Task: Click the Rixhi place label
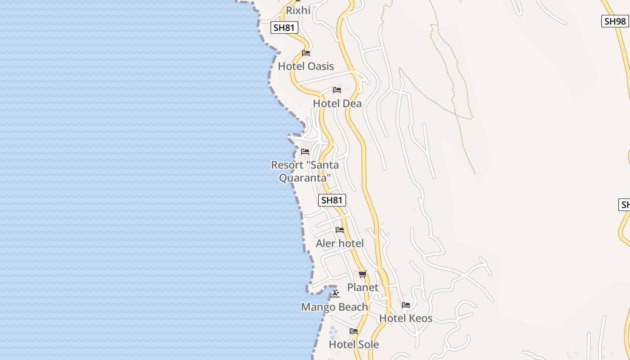point(298,10)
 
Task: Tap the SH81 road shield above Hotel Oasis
point(284,27)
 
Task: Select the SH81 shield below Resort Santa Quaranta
point(332,200)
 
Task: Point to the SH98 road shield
point(615,21)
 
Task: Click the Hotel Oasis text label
point(306,66)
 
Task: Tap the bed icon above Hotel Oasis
point(306,53)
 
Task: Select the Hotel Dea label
point(337,103)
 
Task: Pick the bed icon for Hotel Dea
point(337,90)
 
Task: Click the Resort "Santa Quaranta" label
point(305,171)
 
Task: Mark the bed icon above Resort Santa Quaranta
point(305,152)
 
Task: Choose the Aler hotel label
point(340,243)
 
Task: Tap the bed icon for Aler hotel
point(340,230)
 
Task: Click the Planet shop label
point(363,287)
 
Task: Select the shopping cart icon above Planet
point(363,274)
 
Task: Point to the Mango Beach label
point(334,307)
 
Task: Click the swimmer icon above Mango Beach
point(335,294)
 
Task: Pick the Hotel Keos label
point(405,318)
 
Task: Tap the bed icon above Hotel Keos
point(406,305)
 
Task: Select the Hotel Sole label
point(354,344)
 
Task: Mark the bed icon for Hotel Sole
point(354,331)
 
